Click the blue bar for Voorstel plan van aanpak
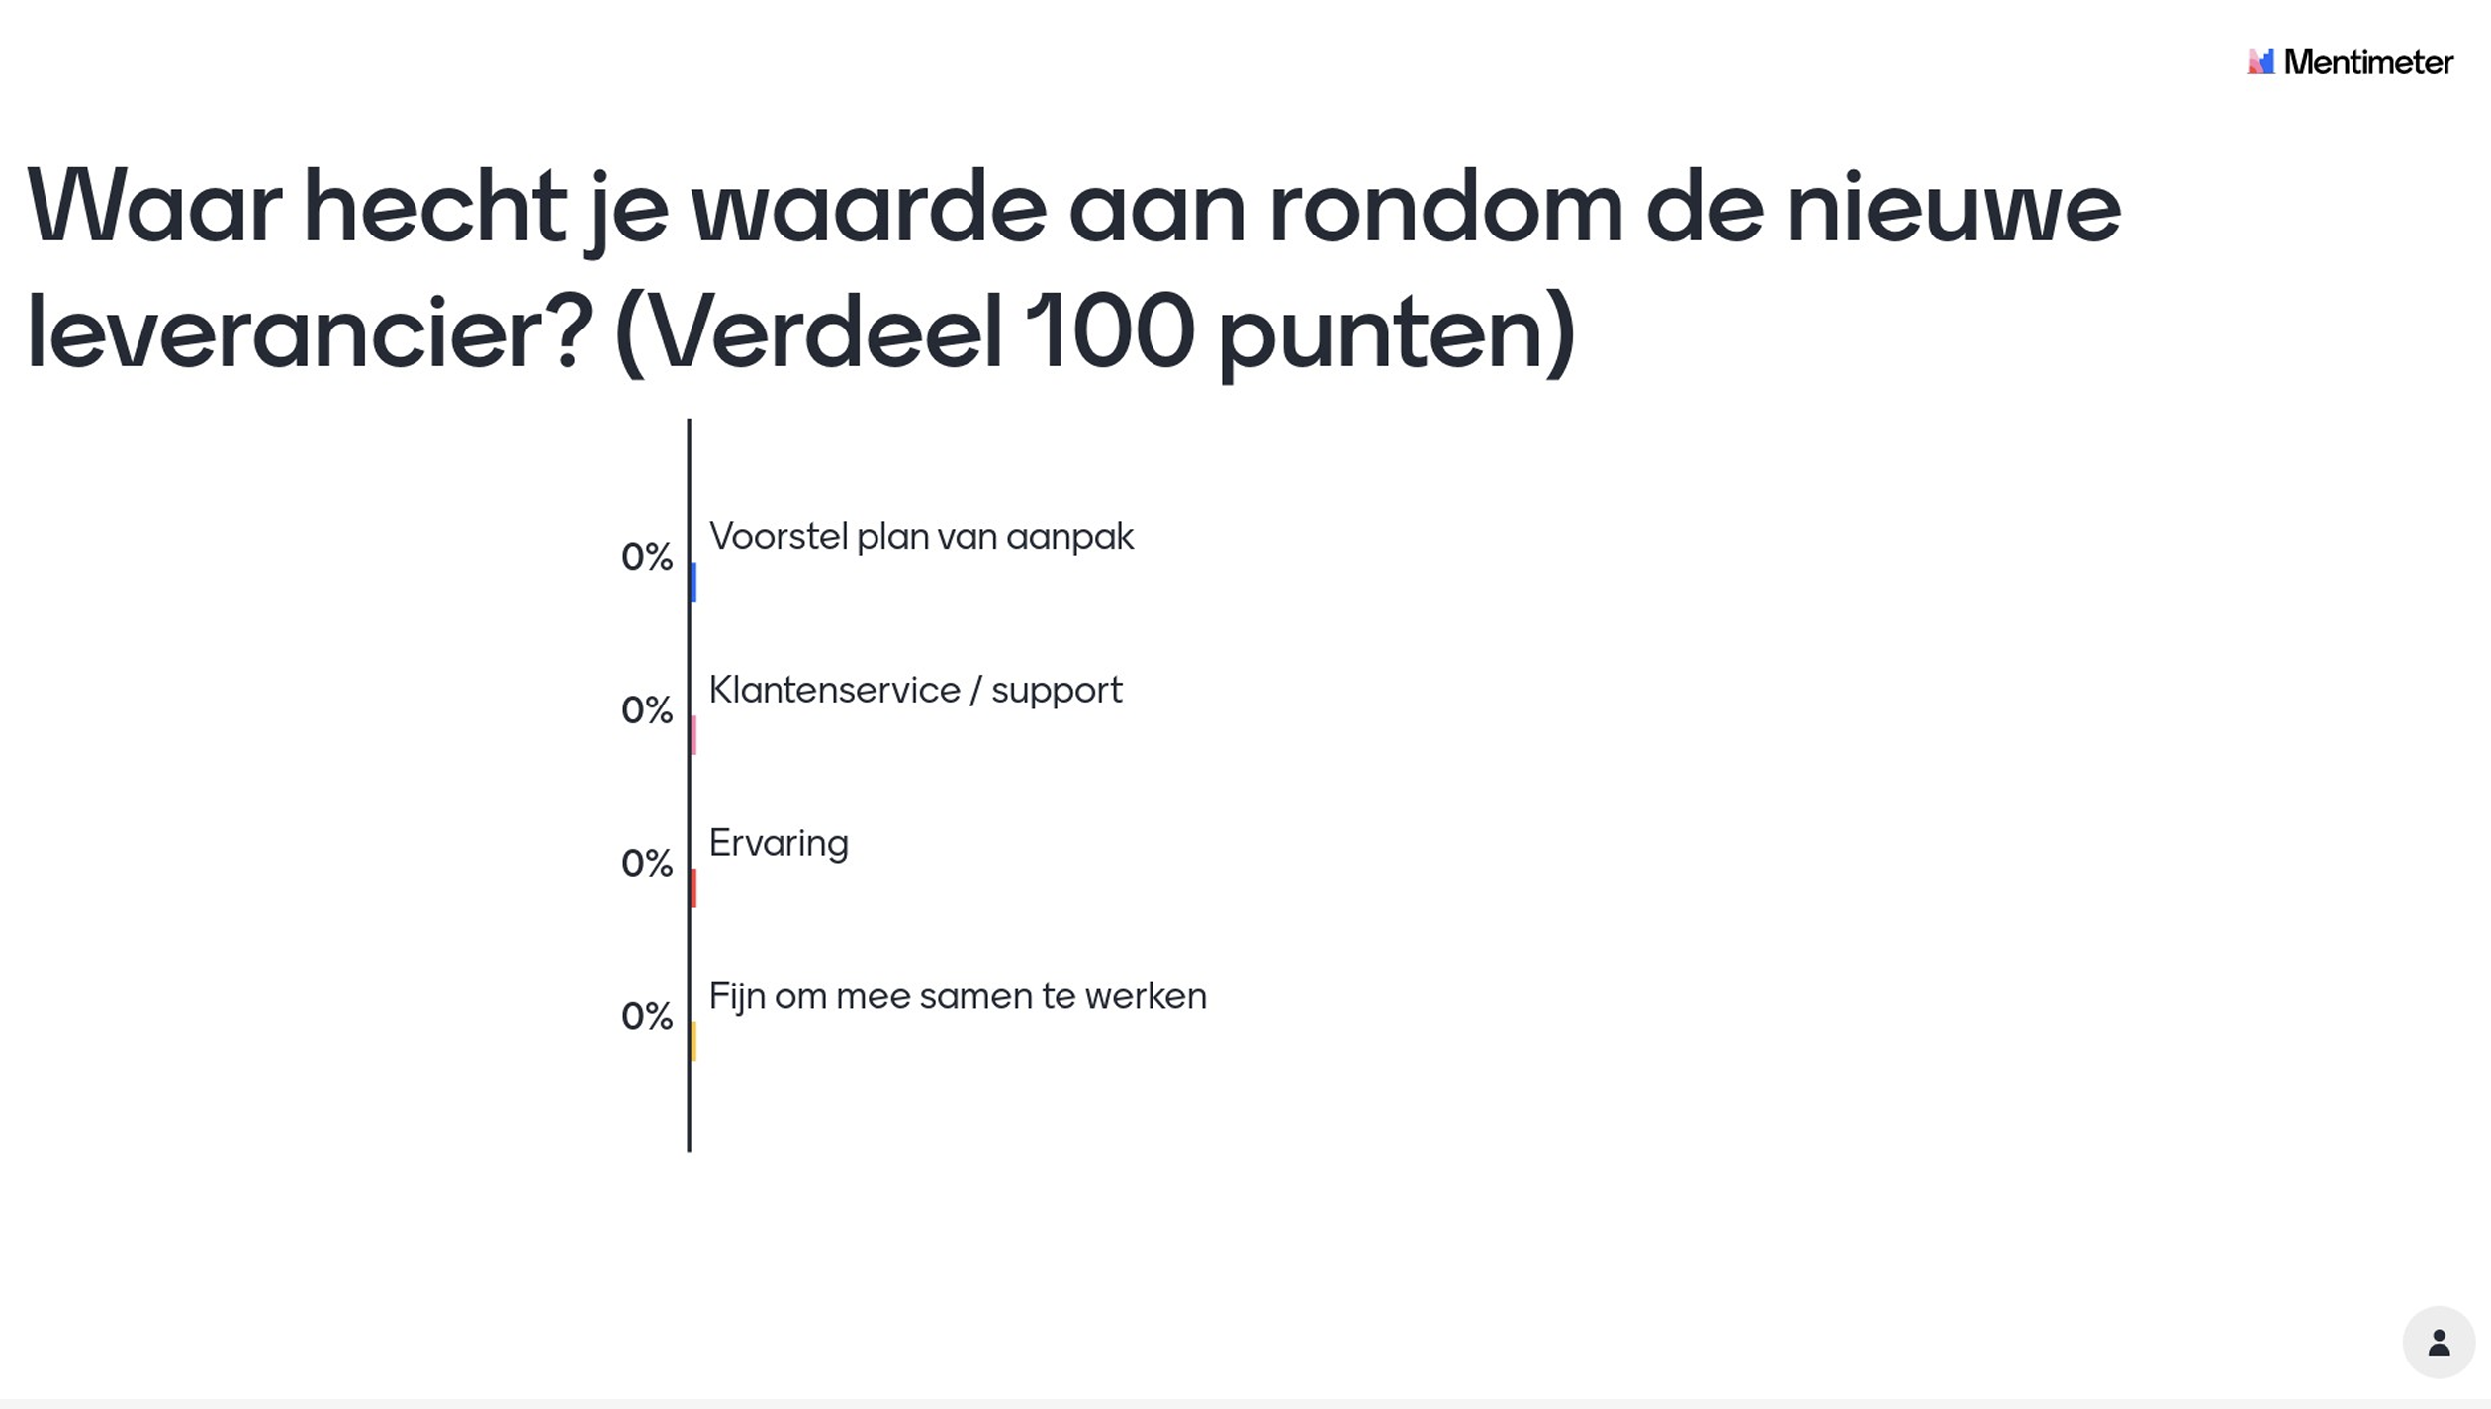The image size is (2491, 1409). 693,582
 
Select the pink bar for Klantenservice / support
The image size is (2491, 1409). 693,735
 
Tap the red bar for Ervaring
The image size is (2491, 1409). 693,889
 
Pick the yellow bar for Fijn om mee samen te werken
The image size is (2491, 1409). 693,1042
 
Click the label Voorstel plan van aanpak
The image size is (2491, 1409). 921,537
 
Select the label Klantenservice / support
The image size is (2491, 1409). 915,691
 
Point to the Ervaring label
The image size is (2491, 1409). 779,844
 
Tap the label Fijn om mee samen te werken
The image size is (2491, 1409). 958,997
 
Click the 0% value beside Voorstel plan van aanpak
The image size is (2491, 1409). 647,557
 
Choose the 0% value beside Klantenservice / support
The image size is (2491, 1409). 647,710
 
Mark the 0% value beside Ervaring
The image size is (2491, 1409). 647,864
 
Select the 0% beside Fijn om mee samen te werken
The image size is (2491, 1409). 647,1017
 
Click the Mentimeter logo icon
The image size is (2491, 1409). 2260,61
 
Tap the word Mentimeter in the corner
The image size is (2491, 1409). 2368,62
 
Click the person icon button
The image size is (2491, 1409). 2439,1343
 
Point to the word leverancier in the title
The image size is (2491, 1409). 309,332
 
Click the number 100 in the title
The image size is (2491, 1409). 1110,330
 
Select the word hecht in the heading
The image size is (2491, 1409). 434,207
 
